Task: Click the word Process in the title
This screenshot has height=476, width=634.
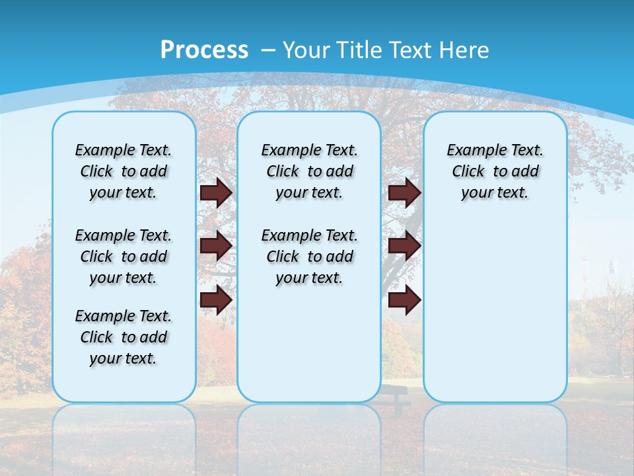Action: tap(204, 50)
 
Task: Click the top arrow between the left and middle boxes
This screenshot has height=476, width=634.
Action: tap(215, 192)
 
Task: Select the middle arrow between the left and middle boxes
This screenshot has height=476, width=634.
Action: tap(215, 246)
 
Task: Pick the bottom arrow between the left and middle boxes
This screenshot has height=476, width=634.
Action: tap(215, 300)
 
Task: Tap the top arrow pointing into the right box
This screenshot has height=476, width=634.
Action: tap(404, 192)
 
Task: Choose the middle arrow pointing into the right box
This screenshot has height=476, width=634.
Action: tap(404, 246)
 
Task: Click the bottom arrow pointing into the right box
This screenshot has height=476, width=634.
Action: tap(404, 300)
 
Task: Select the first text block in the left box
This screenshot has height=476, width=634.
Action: tap(123, 171)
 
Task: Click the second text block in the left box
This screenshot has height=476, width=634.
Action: tap(123, 257)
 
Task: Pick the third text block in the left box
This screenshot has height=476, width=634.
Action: tap(123, 337)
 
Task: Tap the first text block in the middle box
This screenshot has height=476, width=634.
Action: tap(309, 171)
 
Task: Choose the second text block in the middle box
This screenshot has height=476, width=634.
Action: tap(309, 257)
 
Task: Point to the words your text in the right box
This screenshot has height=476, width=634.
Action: tap(495, 193)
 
